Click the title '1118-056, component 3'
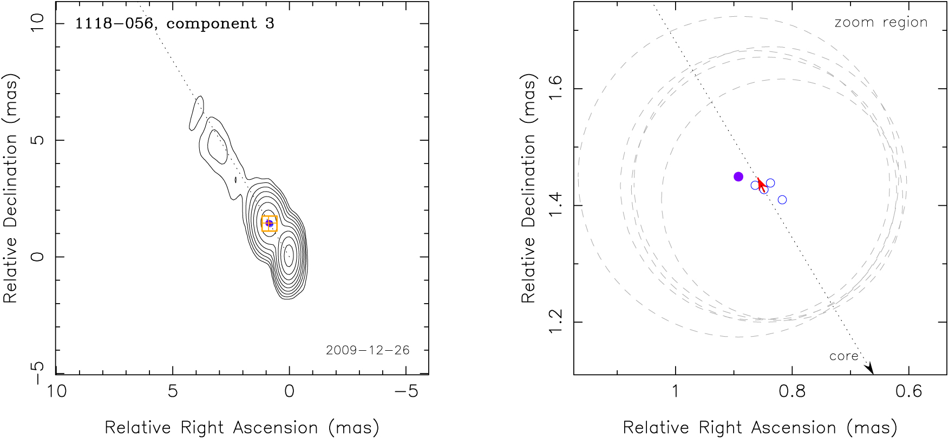(174, 24)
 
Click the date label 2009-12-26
(368, 350)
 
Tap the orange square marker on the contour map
(269, 224)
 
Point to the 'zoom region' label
(881, 23)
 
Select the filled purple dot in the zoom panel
(738, 176)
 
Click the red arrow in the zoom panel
(762, 185)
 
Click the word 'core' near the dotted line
(843, 356)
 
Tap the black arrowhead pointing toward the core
(869, 368)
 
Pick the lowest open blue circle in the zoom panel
(782, 200)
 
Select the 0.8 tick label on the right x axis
(792, 391)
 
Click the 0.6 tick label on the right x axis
(908, 391)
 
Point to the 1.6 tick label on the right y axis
(555, 88)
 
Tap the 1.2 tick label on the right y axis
(555, 322)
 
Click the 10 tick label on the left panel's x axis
(56, 391)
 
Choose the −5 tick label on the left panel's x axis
(406, 391)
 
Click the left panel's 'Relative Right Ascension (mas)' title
(242, 427)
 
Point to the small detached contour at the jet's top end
(196, 113)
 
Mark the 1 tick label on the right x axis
(675, 391)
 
